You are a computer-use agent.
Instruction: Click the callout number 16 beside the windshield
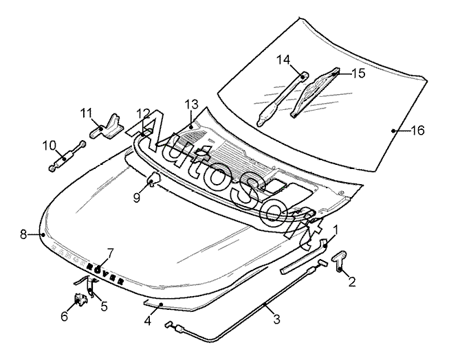[417, 131]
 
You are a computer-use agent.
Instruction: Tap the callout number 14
[283, 60]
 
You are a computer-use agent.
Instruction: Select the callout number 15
[358, 74]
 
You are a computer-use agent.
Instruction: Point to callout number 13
[191, 104]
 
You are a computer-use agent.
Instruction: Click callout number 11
[86, 113]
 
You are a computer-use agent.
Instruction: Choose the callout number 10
[50, 146]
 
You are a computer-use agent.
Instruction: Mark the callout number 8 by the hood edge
[23, 235]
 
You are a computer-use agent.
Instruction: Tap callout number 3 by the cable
[276, 319]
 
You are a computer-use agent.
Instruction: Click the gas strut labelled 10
[67, 156]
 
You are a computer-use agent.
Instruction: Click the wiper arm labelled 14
[282, 99]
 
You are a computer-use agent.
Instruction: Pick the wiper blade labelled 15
[315, 92]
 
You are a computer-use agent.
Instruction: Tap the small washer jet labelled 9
[153, 179]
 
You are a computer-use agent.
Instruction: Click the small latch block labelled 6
[80, 299]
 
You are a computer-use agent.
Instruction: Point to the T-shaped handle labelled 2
[339, 260]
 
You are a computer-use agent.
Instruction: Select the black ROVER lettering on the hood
[105, 273]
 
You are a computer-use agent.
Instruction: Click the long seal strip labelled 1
[304, 256]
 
